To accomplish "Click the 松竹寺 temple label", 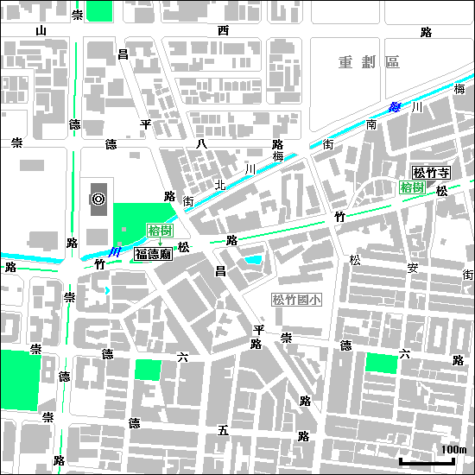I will click(431, 173).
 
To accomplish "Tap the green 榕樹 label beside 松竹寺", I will click(411, 187).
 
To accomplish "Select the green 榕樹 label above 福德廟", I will click(159, 230).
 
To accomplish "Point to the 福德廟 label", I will click(153, 254).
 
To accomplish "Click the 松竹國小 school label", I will click(296, 301).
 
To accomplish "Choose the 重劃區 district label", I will click(369, 62).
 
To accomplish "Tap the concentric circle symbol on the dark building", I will click(98, 199).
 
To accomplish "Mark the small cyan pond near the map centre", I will click(254, 259).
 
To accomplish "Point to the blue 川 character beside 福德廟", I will click(115, 251).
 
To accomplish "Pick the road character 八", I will click(201, 143).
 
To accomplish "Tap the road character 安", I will click(413, 268).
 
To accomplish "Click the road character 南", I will click(371, 125).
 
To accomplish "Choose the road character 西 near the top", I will click(223, 32).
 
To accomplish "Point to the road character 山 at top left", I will click(40, 32).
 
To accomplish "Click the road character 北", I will click(220, 184).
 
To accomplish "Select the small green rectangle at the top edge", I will click(99, 11).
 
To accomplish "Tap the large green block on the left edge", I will click(19, 381).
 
